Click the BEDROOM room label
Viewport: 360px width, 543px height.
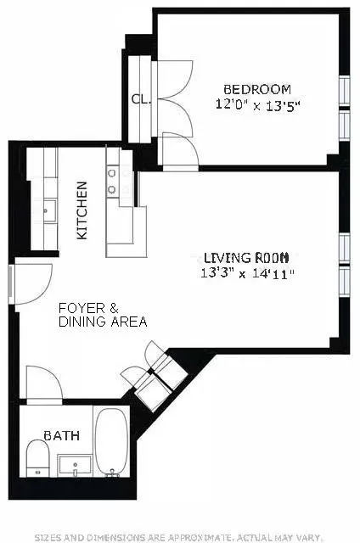(256, 89)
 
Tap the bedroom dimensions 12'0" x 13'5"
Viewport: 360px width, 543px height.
(256, 105)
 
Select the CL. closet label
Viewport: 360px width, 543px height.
(140, 99)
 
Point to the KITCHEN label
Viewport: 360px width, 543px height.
(82, 210)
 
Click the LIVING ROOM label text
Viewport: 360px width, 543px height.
(246, 258)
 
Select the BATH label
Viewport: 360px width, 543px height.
(64, 436)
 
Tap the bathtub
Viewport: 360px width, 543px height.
(111, 443)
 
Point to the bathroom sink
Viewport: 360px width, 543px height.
(76, 466)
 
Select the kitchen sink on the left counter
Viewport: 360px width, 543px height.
(48, 209)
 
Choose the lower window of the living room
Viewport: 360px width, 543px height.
(344, 281)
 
